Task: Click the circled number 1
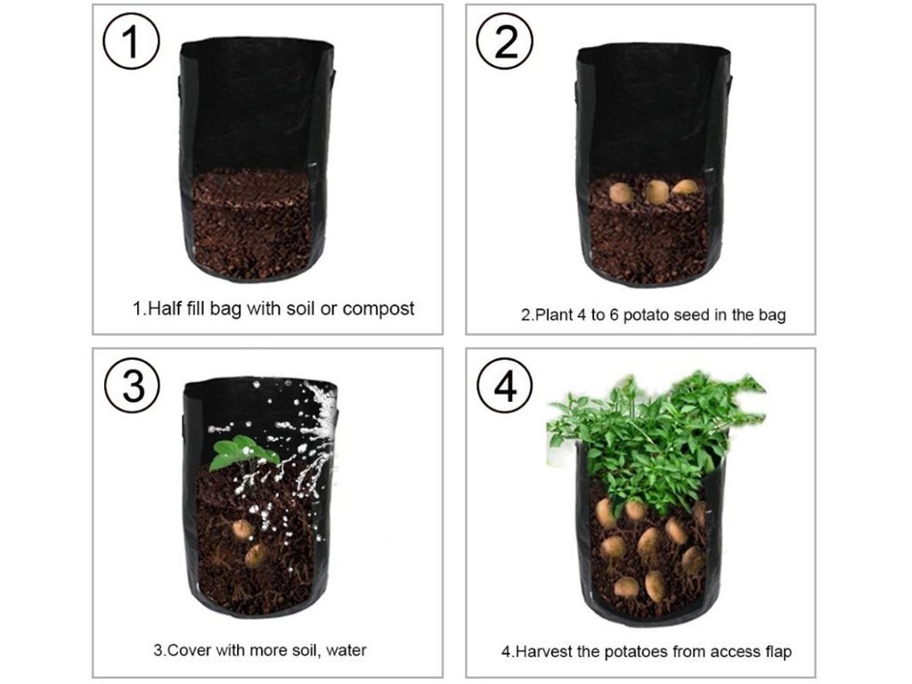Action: (x=131, y=42)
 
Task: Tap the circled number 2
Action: (x=504, y=42)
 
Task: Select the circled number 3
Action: (x=132, y=386)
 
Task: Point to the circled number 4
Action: (x=504, y=386)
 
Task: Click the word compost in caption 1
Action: (x=378, y=308)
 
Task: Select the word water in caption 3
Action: (x=346, y=649)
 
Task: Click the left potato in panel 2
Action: (x=621, y=192)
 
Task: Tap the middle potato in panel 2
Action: (x=656, y=192)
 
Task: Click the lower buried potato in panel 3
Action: (x=256, y=555)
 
